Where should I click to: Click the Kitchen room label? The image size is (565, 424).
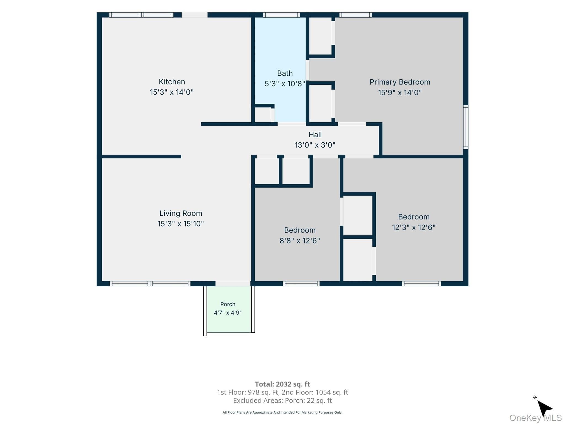pos(172,82)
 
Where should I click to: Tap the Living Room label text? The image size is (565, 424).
pos(181,213)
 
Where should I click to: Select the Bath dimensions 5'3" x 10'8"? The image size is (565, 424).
pos(285,84)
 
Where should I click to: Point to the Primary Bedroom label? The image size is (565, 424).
pos(400,82)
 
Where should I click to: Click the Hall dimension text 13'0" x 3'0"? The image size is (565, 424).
pos(315,145)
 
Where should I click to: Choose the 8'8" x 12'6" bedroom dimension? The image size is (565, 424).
pos(300,241)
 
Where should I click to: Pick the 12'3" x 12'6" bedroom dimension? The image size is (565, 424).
pos(414,227)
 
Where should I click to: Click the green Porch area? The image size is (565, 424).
pos(229,309)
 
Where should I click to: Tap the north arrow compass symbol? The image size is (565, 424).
pos(544,407)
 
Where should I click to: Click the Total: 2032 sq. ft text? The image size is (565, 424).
pos(282,384)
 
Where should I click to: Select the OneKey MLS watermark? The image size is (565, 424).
pos(535,418)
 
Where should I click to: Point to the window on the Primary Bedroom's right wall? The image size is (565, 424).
pos(466,127)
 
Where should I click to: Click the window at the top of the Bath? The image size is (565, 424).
pos(281,15)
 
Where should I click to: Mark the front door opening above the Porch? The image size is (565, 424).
pos(233,283)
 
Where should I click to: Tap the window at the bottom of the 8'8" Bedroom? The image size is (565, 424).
pos(301,283)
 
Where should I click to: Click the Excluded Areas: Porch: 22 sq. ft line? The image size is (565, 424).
pos(282,401)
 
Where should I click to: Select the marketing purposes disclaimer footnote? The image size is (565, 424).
pos(282,412)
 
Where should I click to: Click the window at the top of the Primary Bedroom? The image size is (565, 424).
pos(355,15)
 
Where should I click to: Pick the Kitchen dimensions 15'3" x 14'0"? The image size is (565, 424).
pos(172,92)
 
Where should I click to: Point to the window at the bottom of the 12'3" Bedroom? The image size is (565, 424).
pos(422,283)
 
